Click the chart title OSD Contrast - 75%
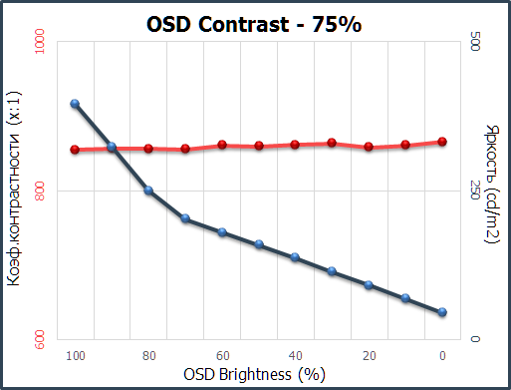[x=255, y=23]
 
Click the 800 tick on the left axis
[x=48, y=191]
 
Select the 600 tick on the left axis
[x=48, y=339]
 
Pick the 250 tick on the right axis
[x=474, y=191]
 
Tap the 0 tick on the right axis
[x=474, y=339]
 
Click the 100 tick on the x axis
[x=75, y=355]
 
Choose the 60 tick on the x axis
[x=222, y=355]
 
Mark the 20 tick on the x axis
[x=369, y=355]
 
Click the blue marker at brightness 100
[x=75, y=104]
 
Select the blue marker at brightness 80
[x=148, y=191]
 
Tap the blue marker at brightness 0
[x=442, y=312]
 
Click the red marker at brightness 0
[x=442, y=142]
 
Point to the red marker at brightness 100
[x=75, y=150]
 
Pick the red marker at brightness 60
[x=222, y=145]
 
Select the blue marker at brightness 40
[x=295, y=257]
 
